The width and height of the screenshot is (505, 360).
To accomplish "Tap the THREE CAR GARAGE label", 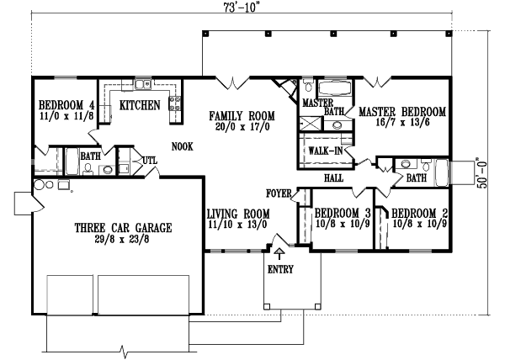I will tap(123, 227).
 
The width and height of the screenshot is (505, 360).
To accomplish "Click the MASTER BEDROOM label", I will tap(402, 111).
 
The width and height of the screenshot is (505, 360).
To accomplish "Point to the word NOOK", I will tap(182, 146).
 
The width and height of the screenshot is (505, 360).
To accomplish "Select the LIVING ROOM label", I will tap(237, 214).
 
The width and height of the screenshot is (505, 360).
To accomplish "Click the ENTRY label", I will tap(279, 269).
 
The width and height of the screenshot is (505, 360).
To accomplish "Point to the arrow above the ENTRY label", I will tap(279, 252).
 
